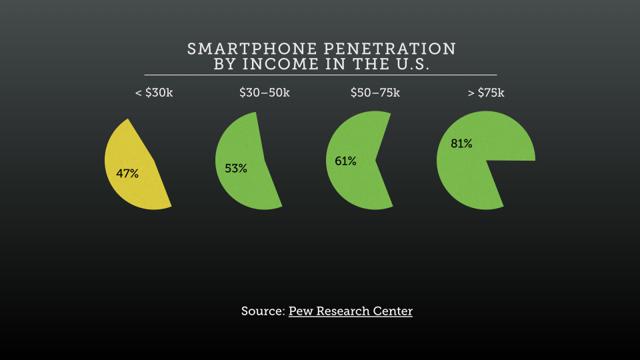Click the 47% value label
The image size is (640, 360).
coord(127,173)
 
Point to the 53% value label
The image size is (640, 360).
coord(236,168)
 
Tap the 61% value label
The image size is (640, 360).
coord(345,160)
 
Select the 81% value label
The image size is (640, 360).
coord(461,143)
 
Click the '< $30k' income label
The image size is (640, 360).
coord(155,93)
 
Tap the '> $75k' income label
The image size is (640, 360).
coord(486,93)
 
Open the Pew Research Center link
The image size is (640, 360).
coord(350,311)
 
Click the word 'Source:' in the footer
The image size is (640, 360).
coord(262,311)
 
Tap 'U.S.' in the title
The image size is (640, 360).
coord(409,64)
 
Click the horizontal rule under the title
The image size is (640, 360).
coord(320,75)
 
